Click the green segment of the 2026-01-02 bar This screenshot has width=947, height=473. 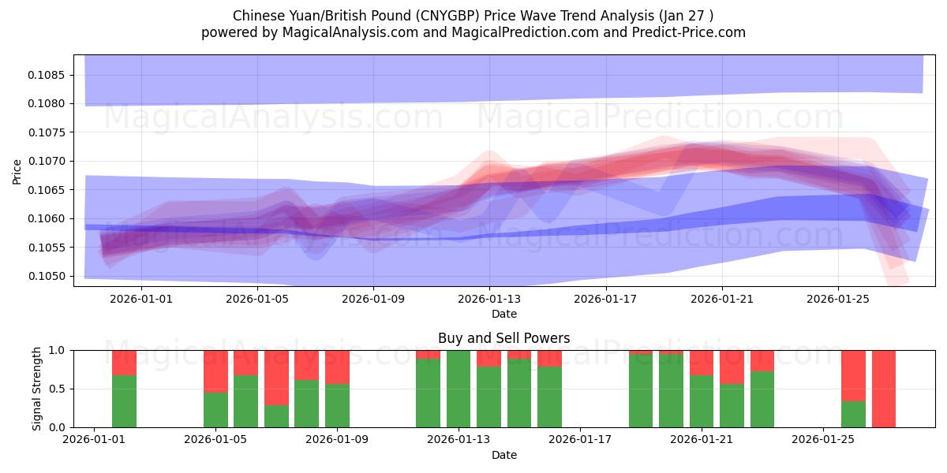coord(124,401)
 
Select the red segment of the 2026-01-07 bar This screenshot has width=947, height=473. coord(276,377)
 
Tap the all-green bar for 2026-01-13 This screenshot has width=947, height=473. coord(459,389)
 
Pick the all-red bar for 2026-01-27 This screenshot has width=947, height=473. coord(883,389)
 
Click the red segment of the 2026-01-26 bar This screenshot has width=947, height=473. coord(853,375)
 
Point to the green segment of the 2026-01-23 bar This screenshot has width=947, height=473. coord(762,399)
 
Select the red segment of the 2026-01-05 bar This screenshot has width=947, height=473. coord(215,371)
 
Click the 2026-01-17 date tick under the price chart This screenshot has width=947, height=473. coord(605,299)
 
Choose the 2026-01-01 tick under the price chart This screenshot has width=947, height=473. coord(140,299)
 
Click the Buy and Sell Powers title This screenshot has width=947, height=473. coord(503,338)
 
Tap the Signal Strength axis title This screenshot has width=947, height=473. coord(37,388)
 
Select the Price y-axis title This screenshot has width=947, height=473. coord(17,170)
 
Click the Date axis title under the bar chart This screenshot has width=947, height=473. coord(503,455)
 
